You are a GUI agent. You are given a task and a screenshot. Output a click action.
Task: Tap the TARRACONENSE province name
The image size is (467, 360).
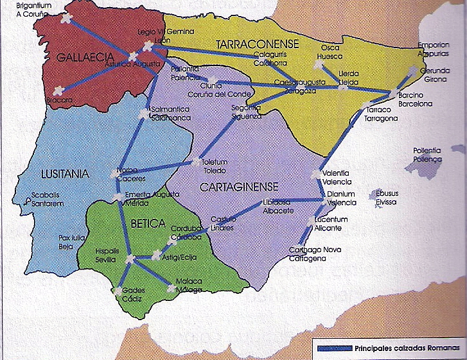258,44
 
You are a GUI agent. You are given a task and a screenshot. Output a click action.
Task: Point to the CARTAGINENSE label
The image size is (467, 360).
238,187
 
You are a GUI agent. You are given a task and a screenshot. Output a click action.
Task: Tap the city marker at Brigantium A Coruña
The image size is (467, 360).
65,19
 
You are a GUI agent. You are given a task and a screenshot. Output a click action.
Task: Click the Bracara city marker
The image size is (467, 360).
58,90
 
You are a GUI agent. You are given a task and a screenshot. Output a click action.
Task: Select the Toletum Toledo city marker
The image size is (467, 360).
197,163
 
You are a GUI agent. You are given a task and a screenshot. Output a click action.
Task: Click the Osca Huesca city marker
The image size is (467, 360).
317,65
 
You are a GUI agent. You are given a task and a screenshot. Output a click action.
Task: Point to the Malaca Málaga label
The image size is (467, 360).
189,286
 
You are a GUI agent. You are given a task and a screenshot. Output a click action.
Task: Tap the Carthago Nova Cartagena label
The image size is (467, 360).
308,254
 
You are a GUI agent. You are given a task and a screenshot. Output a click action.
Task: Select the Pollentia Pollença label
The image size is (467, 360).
428,155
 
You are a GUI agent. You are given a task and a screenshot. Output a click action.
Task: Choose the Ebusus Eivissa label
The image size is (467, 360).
387,197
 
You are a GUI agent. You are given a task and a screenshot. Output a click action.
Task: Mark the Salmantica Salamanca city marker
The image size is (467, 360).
143,115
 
